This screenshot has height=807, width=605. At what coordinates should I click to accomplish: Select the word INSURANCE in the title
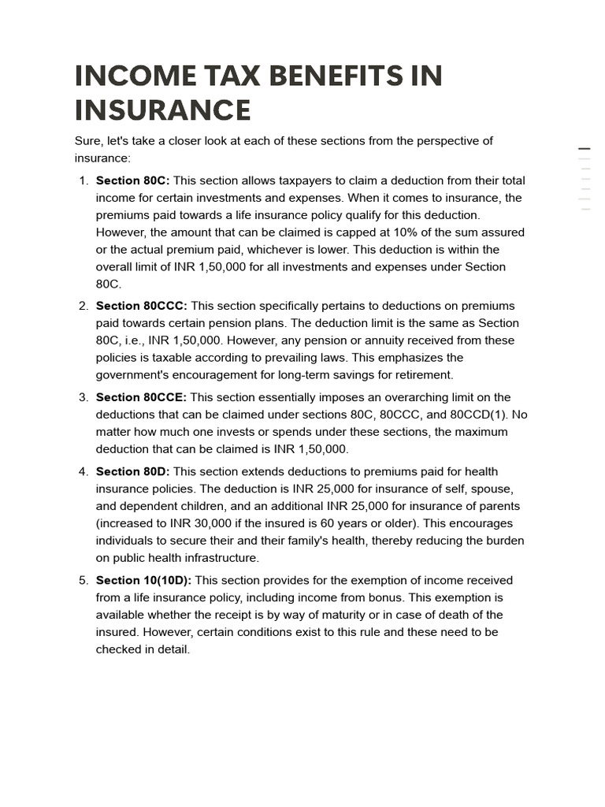tap(162, 110)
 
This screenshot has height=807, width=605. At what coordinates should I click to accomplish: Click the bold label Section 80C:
tap(132, 180)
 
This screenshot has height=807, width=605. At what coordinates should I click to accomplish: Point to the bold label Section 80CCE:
tap(141, 397)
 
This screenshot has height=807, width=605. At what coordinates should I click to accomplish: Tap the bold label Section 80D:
tap(132, 471)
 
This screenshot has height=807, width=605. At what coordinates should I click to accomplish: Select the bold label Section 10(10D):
tap(143, 580)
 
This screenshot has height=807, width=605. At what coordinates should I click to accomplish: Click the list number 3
tap(83, 397)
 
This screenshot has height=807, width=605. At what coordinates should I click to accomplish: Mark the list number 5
tap(83, 580)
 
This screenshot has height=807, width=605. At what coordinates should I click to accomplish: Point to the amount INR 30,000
tap(202, 523)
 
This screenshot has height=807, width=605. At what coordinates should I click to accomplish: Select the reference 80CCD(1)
tap(477, 415)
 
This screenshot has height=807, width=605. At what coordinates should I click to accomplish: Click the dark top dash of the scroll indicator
tap(584, 148)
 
